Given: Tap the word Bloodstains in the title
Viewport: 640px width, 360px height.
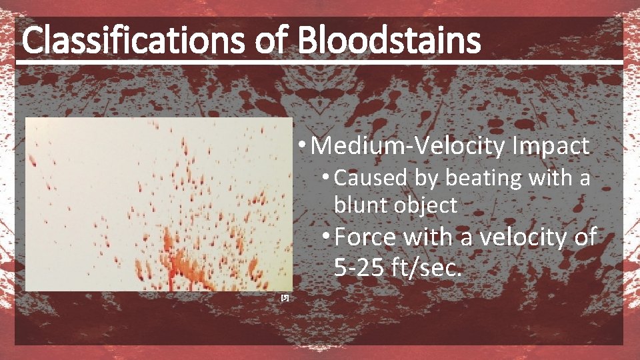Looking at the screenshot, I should point(389,41).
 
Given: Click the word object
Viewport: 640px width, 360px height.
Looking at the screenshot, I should point(424,205).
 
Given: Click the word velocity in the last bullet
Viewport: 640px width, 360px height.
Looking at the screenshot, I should point(519,237).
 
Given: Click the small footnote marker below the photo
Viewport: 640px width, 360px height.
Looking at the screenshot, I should point(285,297).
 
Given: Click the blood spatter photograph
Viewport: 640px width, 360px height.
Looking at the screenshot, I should point(159,204).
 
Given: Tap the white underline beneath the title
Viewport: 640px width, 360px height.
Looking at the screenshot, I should point(320,62).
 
